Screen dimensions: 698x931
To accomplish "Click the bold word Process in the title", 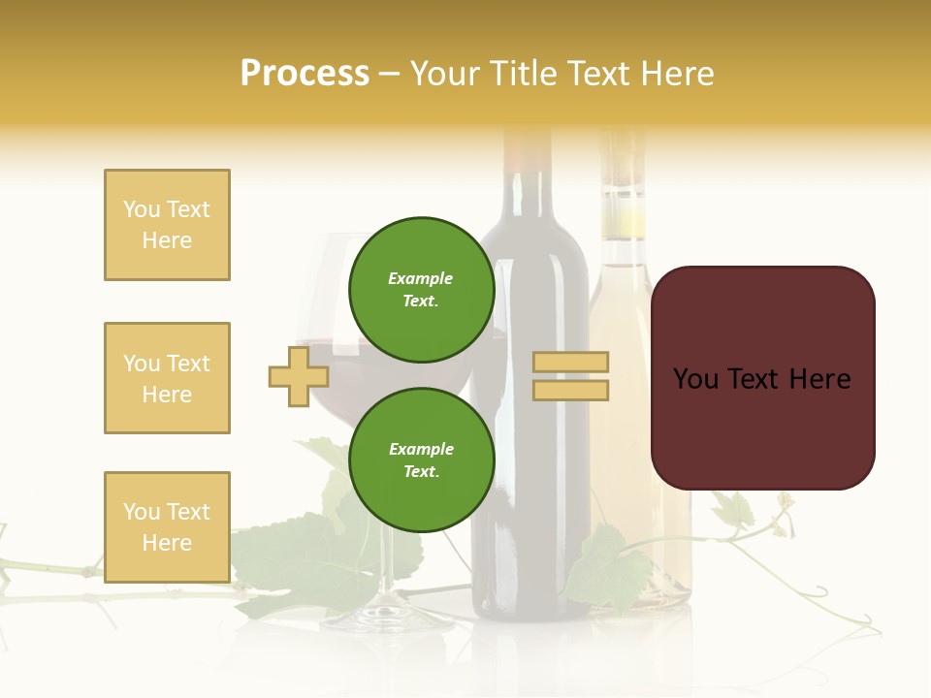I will point(305,74).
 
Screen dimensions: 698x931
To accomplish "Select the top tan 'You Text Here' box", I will point(167,225).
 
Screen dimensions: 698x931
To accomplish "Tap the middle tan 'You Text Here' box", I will point(167,378).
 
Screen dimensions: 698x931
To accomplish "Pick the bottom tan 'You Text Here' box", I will point(167,526).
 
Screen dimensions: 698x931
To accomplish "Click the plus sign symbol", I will point(298,377).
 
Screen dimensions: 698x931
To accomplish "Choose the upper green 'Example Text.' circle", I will point(421,290).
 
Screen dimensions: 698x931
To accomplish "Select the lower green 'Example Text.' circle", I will point(421,460).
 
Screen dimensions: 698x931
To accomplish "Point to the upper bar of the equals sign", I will point(571,363).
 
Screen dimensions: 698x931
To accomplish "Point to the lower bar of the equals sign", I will point(571,390).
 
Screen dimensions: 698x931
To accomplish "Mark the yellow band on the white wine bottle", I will point(623,218).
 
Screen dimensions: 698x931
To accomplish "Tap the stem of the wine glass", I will point(387,562).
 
